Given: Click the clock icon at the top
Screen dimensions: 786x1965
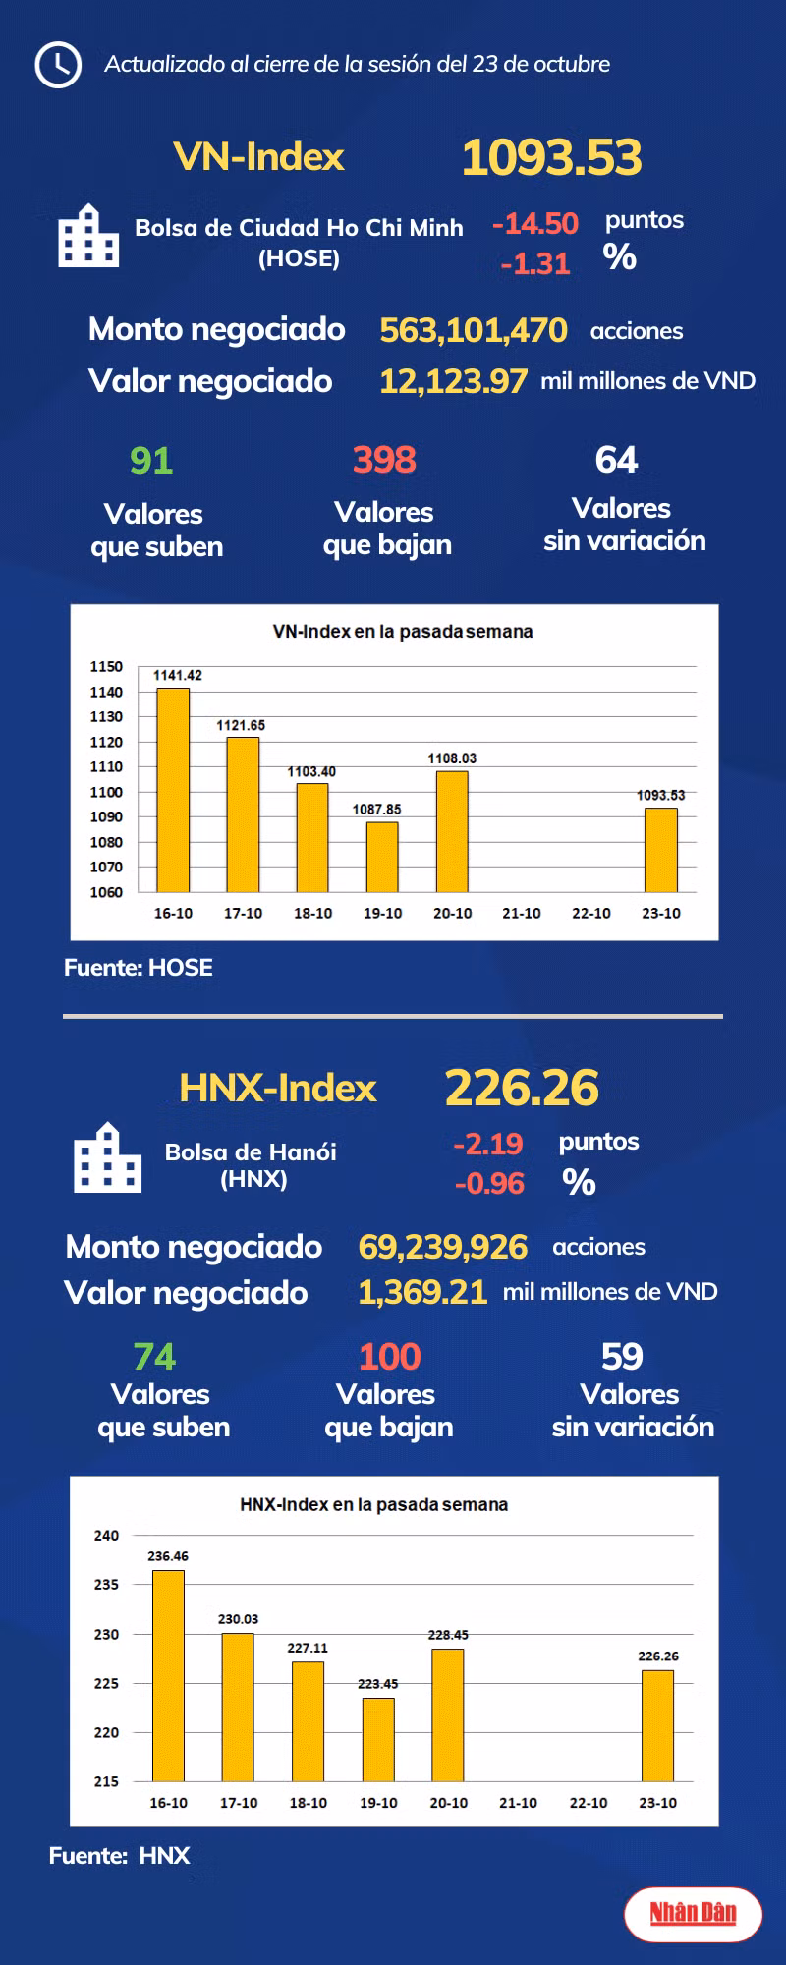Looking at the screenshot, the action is click(58, 65).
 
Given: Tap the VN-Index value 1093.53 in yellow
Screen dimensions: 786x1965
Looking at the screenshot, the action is click(551, 157).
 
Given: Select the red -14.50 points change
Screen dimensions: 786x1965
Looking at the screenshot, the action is click(535, 224).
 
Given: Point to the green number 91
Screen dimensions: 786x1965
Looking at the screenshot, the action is click(151, 461).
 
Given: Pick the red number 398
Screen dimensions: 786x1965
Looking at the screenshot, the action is click(384, 459).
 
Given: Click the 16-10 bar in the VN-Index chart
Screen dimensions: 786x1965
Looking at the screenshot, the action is click(173, 790).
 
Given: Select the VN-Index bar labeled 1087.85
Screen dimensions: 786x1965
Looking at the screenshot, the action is click(382, 857).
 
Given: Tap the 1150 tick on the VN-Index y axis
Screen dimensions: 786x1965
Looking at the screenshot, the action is click(106, 666).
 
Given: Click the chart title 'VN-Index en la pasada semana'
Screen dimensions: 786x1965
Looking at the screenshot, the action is click(403, 632).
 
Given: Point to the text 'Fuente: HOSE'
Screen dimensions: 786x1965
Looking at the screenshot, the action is click(139, 968).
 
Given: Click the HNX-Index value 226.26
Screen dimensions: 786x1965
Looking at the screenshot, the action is click(522, 1088).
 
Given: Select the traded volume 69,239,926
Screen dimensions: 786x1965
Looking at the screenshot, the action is click(443, 1247).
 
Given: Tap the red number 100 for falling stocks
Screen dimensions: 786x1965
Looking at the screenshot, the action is click(390, 1357).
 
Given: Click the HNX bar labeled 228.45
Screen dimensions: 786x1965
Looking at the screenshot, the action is click(448, 1714).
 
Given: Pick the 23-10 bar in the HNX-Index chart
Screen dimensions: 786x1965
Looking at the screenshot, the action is click(657, 1725).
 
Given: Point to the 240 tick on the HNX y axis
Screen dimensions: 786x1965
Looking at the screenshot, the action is click(106, 1536).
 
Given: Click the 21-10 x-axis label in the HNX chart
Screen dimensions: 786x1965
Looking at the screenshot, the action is click(518, 1803).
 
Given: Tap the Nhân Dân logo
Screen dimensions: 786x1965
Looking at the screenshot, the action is click(693, 1913).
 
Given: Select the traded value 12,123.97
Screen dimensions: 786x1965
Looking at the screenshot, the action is click(453, 381).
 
